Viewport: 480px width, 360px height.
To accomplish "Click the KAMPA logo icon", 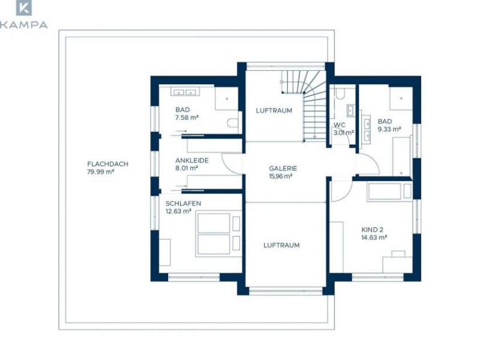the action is pos(24,8).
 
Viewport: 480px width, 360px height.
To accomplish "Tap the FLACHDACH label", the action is pos(108,164).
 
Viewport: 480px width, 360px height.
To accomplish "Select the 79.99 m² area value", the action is pos(101,172).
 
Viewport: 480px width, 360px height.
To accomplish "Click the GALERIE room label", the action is pos(283,169).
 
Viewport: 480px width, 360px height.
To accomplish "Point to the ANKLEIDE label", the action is pos(192,160).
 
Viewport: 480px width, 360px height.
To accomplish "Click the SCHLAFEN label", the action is pos(184,203).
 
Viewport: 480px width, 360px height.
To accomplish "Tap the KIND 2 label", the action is pos(372,230).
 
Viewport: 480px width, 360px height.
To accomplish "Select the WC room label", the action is pos(340,125).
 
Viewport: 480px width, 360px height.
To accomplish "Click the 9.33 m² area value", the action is pos(389,129).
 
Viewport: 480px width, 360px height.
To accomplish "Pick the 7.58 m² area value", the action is pos(187,118).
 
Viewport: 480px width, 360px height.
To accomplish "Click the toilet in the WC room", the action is pos(340,93).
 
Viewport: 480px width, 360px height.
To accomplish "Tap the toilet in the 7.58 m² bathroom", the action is pos(233,123).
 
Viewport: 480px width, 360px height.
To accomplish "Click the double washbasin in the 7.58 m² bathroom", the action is pos(185,92).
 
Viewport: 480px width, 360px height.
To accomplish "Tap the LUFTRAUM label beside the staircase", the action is pos(274,110).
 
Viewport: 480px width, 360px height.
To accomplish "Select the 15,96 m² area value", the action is pos(280,176).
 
